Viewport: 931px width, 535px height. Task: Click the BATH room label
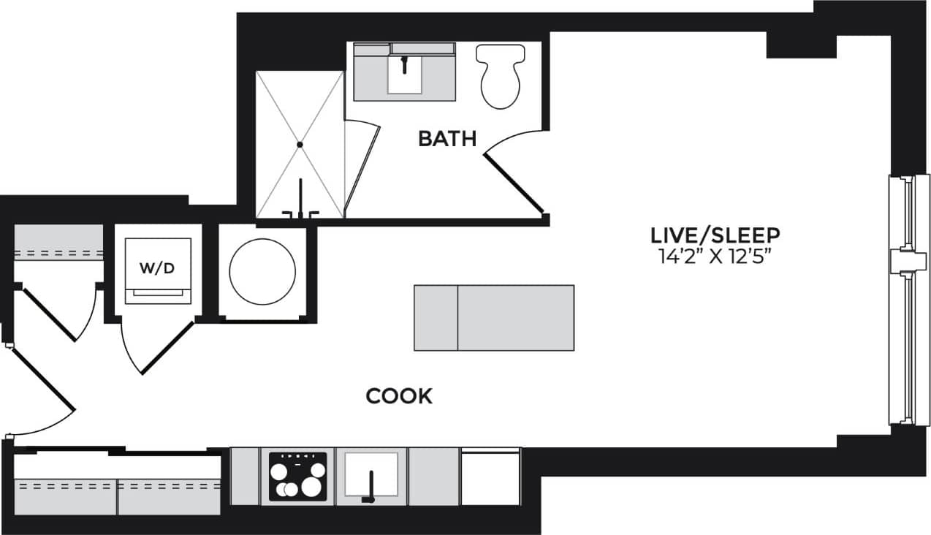tap(447, 138)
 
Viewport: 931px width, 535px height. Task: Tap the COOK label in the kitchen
tap(399, 397)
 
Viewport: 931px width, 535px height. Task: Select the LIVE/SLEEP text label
tap(715, 235)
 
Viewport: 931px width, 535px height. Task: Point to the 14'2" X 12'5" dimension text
tap(715, 256)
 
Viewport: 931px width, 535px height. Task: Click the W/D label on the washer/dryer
tap(157, 268)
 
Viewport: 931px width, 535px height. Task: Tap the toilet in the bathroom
tap(501, 76)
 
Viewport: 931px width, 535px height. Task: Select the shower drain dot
tap(300, 145)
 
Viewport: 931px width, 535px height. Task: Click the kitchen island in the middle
tap(494, 317)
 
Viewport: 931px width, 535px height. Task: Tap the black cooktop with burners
tap(297, 477)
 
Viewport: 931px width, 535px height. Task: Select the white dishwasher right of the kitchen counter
tap(490, 477)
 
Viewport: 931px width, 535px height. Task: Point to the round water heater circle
tap(262, 271)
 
